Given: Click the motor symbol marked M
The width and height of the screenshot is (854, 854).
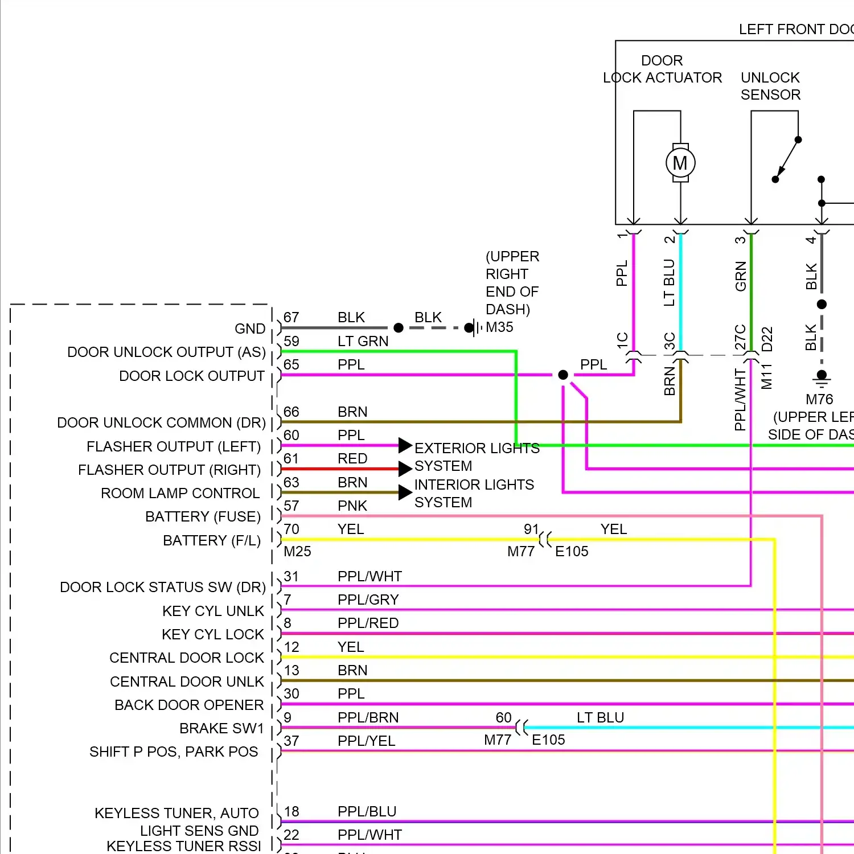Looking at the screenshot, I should click(x=680, y=163).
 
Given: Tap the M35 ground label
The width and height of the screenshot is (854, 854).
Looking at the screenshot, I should click(x=499, y=327).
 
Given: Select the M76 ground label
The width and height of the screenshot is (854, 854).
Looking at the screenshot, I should click(x=819, y=399).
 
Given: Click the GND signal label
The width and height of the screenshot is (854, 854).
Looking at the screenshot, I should click(x=250, y=329).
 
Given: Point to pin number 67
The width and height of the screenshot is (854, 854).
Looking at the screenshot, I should click(x=291, y=317).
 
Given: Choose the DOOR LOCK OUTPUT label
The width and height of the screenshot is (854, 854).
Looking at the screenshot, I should click(x=192, y=376).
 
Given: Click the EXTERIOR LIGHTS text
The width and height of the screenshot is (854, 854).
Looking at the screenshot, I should click(x=477, y=448).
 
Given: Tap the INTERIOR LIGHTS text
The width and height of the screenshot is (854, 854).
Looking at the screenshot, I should click(x=474, y=485).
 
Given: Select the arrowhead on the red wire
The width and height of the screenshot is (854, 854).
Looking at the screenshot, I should click(x=405, y=469).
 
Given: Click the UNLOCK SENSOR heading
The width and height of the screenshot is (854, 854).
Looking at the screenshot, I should click(x=770, y=86).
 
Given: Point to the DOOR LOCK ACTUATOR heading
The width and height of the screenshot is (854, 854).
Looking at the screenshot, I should click(x=662, y=69).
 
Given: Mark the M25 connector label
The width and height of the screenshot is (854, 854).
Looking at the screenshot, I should click(x=297, y=551).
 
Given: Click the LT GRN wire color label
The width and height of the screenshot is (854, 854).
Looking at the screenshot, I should click(x=363, y=341).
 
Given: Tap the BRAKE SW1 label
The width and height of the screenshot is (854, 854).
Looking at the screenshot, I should click(x=222, y=728).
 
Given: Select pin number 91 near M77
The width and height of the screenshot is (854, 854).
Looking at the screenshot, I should click(x=531, y=529).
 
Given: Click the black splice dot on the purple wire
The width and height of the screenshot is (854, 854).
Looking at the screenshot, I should click(x=563, y=375).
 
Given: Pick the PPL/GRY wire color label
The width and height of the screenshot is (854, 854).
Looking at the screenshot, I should click(x=368, y=600).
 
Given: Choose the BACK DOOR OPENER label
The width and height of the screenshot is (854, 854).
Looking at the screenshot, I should click(x=189, y=705).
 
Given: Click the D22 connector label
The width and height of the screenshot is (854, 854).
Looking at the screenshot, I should click(x=767, y=339).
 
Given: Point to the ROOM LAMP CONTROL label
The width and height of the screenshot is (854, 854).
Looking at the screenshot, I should click(x=180, y=493).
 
